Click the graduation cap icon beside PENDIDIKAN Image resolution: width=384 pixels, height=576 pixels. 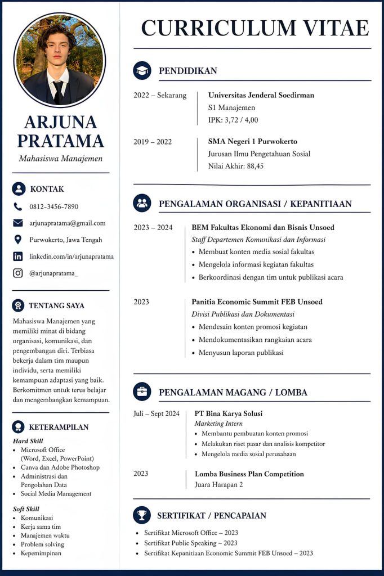[142, 70]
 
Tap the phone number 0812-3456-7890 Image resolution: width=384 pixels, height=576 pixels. [54, 206]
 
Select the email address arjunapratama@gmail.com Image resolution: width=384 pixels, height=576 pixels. [68, 223]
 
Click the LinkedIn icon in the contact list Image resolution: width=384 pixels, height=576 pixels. [18, 256]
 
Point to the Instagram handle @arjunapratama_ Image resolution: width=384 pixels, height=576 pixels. [54, 273]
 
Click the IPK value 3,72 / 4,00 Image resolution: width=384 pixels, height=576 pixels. [233, 120]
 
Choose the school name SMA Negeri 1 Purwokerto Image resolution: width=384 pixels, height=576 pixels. [253, 141]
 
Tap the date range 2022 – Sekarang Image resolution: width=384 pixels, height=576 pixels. [160, 95]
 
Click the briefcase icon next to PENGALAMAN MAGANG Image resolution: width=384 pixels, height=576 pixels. [142, 391]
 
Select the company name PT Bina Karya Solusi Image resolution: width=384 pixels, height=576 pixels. [229, 413]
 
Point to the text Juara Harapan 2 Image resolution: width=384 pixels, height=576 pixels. [219, 484]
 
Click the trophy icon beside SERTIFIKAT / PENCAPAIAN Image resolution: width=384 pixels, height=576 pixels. [142, 515]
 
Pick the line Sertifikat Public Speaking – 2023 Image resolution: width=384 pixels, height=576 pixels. [191, 543]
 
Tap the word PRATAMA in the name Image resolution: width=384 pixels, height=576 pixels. [60, 141]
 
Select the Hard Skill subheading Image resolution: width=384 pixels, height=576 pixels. [28, 441]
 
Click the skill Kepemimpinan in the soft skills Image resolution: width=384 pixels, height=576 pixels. [41, 553]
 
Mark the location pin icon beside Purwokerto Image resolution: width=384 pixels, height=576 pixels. [18, 240]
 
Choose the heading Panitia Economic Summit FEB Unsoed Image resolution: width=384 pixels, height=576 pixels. [257, 302]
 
